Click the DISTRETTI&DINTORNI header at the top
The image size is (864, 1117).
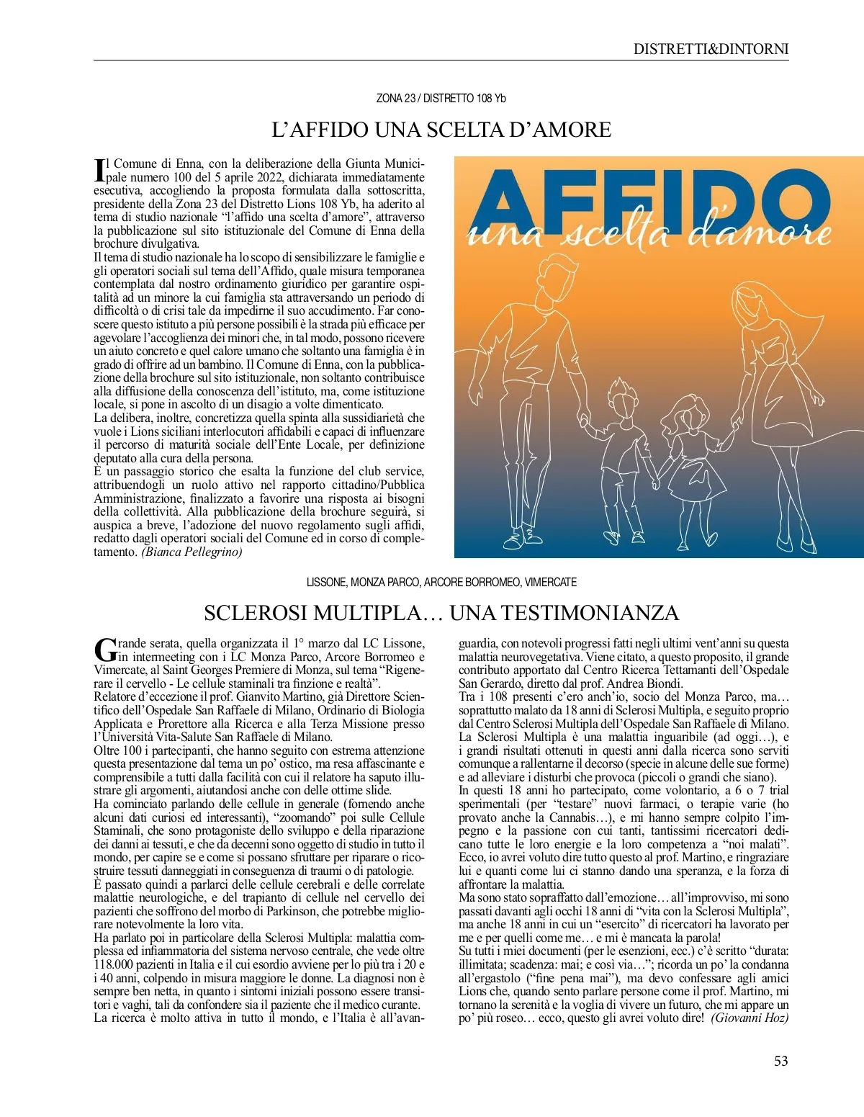tap(711, 49)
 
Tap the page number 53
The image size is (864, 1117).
tap(780, 1061)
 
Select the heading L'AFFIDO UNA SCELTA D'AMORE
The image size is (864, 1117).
tap(441, 130)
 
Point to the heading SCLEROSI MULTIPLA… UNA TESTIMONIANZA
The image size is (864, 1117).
tap(441, 613)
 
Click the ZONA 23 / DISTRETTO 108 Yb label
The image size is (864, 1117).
tap(441, 98)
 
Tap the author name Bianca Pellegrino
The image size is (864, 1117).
tap(192, 552)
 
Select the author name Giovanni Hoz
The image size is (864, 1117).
tap(750, 1018)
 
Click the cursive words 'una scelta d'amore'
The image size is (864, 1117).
tap(648, 234)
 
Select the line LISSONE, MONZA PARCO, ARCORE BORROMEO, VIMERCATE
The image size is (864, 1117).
tap(441, 582)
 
